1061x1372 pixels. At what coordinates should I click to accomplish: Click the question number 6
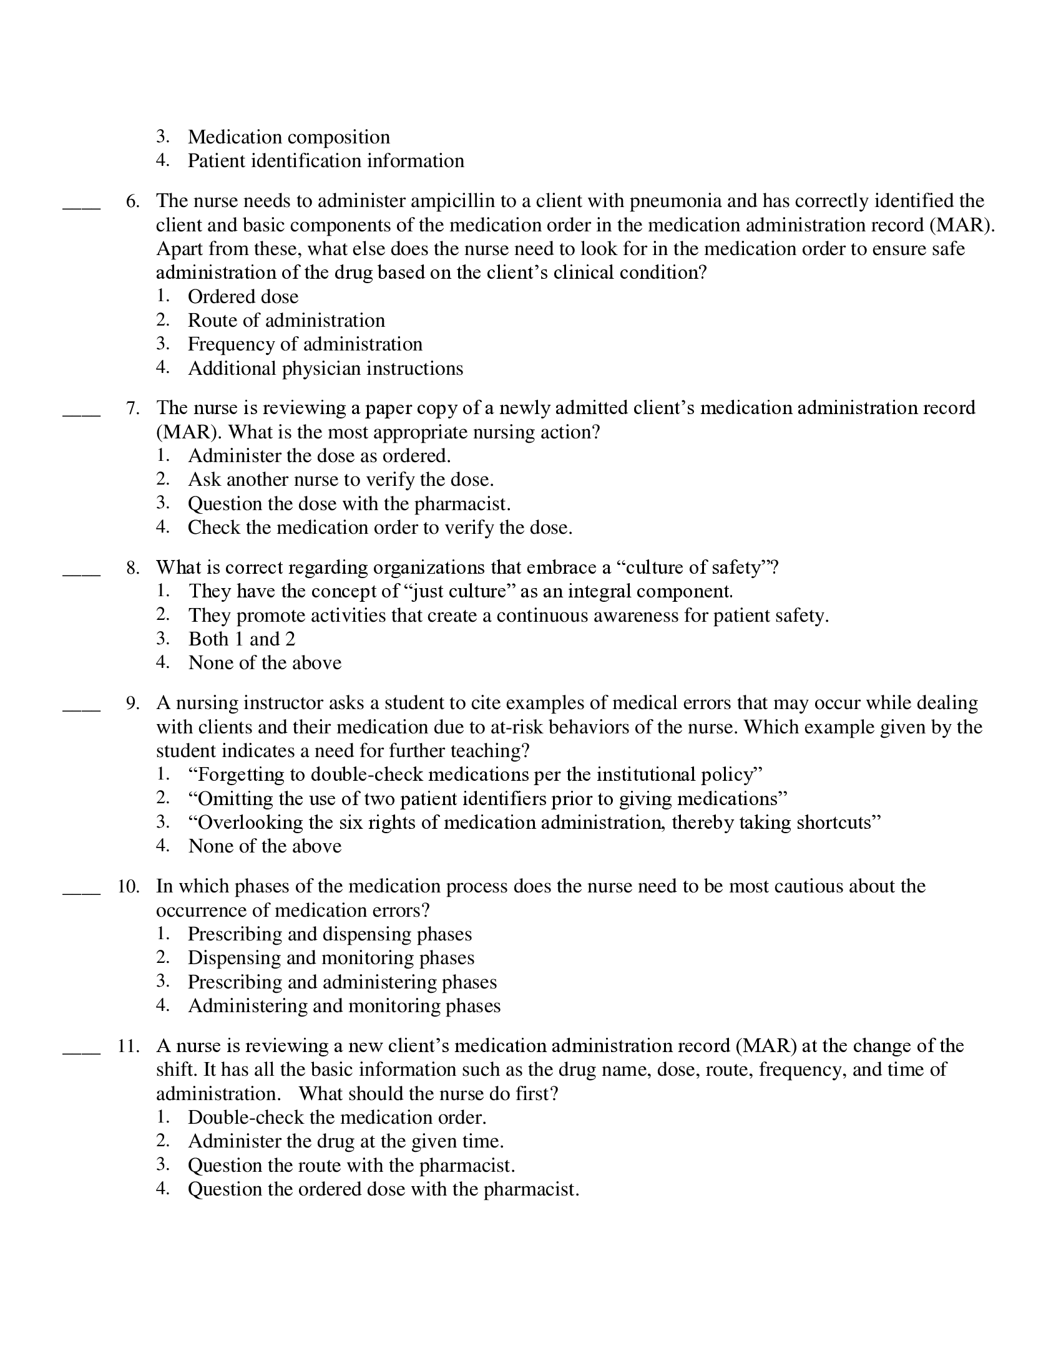pos(132,201)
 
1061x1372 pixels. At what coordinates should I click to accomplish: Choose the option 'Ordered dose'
pos(243,296)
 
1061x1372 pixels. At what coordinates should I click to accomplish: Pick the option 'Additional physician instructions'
pos(325,368)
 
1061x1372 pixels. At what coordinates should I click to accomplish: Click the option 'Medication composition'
pos(288,137)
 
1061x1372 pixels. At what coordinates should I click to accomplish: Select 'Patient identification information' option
pos(326,161)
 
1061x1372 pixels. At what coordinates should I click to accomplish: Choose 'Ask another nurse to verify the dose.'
pos(341,480)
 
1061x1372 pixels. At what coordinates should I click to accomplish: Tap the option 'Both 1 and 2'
pos(242,639)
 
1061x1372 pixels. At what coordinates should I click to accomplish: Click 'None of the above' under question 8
pos(265,663)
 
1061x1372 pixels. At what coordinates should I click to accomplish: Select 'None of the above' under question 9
pos(265,846)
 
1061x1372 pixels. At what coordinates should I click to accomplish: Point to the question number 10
pos(128,887)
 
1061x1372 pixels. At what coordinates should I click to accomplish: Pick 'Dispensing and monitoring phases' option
pos(331,958)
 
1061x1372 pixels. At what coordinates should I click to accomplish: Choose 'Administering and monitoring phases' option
pos(344,1006)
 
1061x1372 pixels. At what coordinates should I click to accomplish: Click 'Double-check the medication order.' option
pos(337,1118)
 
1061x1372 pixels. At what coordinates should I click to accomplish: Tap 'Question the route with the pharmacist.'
pos(351,1166)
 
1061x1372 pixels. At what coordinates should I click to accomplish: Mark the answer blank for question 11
pos(82,1050)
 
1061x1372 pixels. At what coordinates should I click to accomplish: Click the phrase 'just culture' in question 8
pos(457,591)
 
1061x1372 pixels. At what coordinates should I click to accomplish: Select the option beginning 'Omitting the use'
pos(487,799)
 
